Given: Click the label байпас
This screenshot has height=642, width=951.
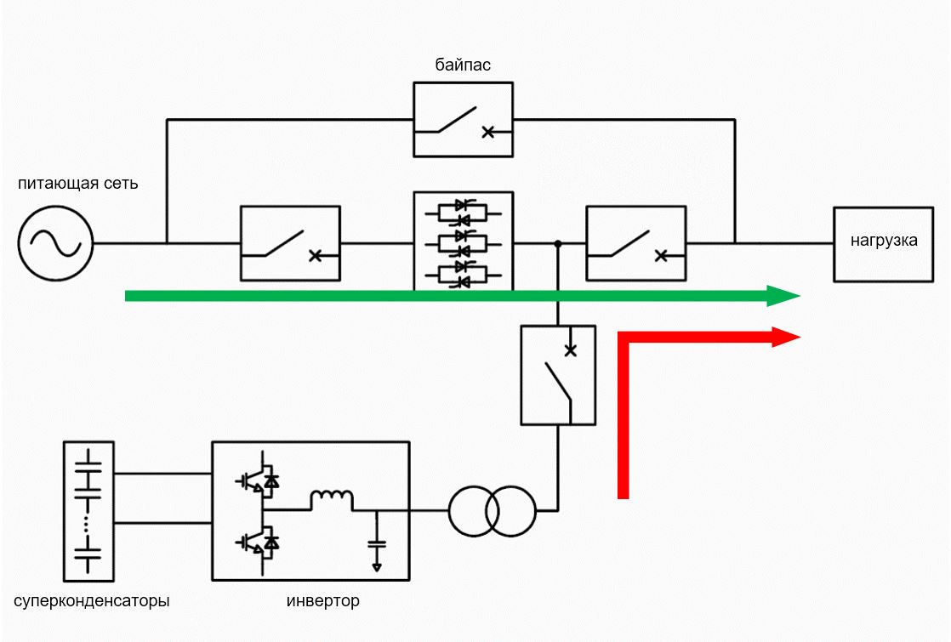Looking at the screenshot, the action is click(463, 65).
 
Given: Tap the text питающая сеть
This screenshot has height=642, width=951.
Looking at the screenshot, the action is click(77, 183).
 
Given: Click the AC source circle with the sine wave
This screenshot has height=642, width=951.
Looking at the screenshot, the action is click(55, 243).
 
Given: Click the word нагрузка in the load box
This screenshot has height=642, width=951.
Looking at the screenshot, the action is click(884, 241).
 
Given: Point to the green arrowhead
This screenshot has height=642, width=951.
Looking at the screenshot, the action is click(783, 296).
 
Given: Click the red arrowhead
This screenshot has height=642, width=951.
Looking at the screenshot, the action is click(786, 337).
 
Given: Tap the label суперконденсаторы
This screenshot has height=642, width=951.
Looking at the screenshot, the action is click(92, 601).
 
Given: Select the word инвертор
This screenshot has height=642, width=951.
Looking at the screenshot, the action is click(322, 601).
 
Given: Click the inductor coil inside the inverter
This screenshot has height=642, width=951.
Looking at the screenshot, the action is click(332, 499).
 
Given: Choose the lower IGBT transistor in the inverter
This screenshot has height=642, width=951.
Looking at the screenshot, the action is click(259, 542).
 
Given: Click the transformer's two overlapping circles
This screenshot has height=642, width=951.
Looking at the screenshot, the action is click(493, 511).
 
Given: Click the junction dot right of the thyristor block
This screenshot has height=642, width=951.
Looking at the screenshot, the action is click(558, 244).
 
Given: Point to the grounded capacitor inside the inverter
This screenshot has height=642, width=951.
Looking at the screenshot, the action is click(377, 542).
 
